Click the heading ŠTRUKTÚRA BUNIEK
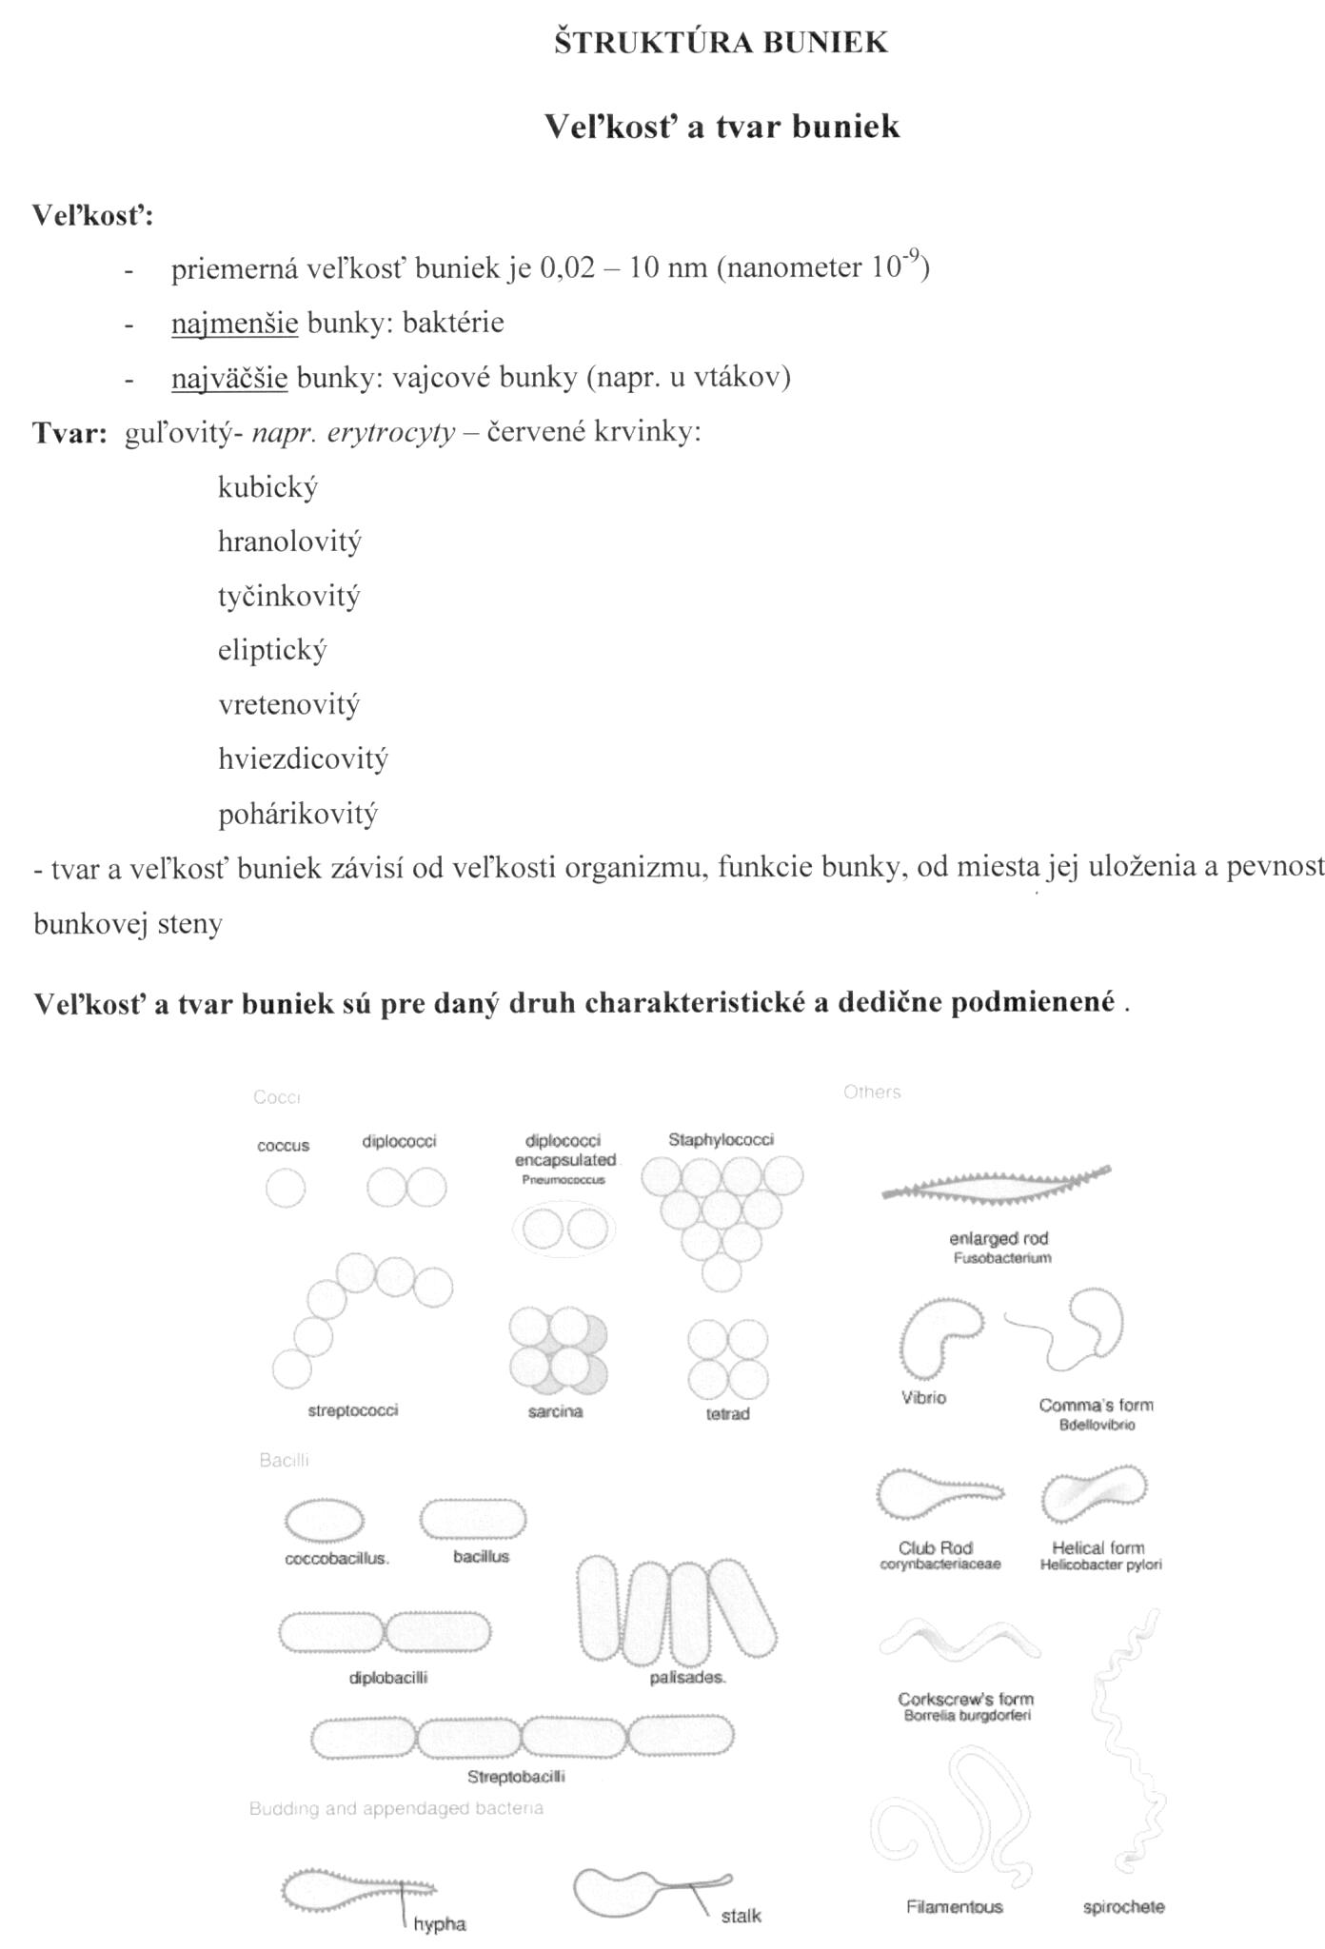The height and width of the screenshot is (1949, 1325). point(721,43)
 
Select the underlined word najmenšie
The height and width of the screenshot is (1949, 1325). point(234,324)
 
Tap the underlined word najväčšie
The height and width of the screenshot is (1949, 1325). point(228,379)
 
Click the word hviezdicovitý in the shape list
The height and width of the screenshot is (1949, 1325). point(303,759)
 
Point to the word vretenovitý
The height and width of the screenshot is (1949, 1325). point(288,705)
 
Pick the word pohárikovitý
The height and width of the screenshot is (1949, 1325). point(298,815)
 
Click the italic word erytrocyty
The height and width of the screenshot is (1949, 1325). point(391,434)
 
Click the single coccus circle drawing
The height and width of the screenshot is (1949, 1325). point(286,1188)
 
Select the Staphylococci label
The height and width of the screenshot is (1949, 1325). point(721,1139)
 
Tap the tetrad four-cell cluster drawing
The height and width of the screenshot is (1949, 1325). point(728,1358)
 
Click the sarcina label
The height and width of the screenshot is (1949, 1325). point(555,1411)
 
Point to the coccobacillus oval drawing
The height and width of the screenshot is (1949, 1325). point(325,1520)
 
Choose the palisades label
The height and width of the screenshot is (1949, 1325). point(687,1677)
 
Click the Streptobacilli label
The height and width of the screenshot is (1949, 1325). point(516,1776)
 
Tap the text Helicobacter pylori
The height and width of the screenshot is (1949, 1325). point(1100,1565)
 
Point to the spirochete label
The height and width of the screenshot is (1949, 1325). point(1123,1906)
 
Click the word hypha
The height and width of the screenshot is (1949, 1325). point(440,1923)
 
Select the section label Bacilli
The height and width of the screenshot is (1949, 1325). point(284,1460)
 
